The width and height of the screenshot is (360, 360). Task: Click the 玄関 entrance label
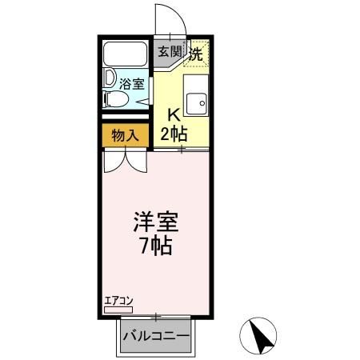tap(168, 53)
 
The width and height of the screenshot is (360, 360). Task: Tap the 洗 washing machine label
tap(195, 54)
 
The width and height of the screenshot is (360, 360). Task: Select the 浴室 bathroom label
tap(131, 82)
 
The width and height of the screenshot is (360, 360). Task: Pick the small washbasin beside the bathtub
tap(109, 80)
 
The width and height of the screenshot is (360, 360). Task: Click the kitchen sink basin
tap(194, 100)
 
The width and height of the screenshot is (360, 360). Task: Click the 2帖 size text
tap(174, 133)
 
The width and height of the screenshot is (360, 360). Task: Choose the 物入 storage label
tap(125, 134)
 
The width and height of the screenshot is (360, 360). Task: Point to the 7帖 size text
tap(155, 245)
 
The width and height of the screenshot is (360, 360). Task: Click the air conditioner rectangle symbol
tap(120, 310)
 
